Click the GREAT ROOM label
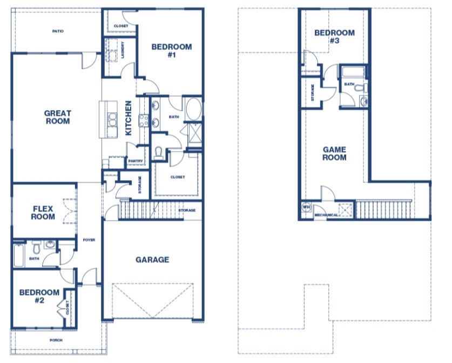click(x=58, y=117)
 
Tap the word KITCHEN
click(x=129, y=118)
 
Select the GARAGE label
click(x=152, y=259)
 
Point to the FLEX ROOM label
click(x=43, y=213)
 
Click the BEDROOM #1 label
click(x=172, y=50)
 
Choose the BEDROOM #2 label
click(x=39, y=296)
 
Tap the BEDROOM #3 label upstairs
click(x=334, y=37)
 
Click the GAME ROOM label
click(x=334, y=153)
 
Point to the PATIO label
click(x=58, y=31)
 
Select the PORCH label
click(x=56, y=340)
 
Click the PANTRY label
click(x=136, y=161)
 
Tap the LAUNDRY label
click(x=123, y=50)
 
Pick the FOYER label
click(x=89, y=240)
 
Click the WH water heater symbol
click(x=306, y=207)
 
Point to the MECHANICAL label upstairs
click(x=326, y=215)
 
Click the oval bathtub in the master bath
click(x=194, y=109)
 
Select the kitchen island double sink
click(x=112, y=119)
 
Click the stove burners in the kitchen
click(x=144, y=121)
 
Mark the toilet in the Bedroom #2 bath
click(x=36, y=247)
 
